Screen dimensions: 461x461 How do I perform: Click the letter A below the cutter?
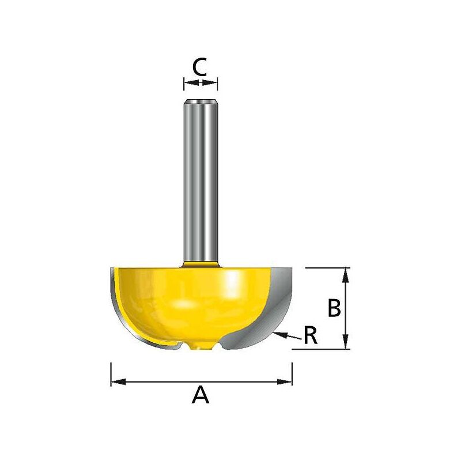200,395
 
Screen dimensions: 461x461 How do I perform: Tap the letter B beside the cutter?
334,308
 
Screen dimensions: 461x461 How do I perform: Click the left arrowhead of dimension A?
115,381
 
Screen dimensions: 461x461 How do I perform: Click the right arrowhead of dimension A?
288,381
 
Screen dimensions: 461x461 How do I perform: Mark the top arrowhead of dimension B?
345,273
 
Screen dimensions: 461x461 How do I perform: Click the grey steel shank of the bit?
201,184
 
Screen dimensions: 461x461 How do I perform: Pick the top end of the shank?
201,103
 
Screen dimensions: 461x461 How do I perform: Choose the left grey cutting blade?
115,305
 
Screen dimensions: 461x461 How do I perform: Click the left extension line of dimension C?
184,84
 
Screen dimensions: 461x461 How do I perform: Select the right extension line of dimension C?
217,84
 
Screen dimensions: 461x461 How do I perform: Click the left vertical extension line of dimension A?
111,375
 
